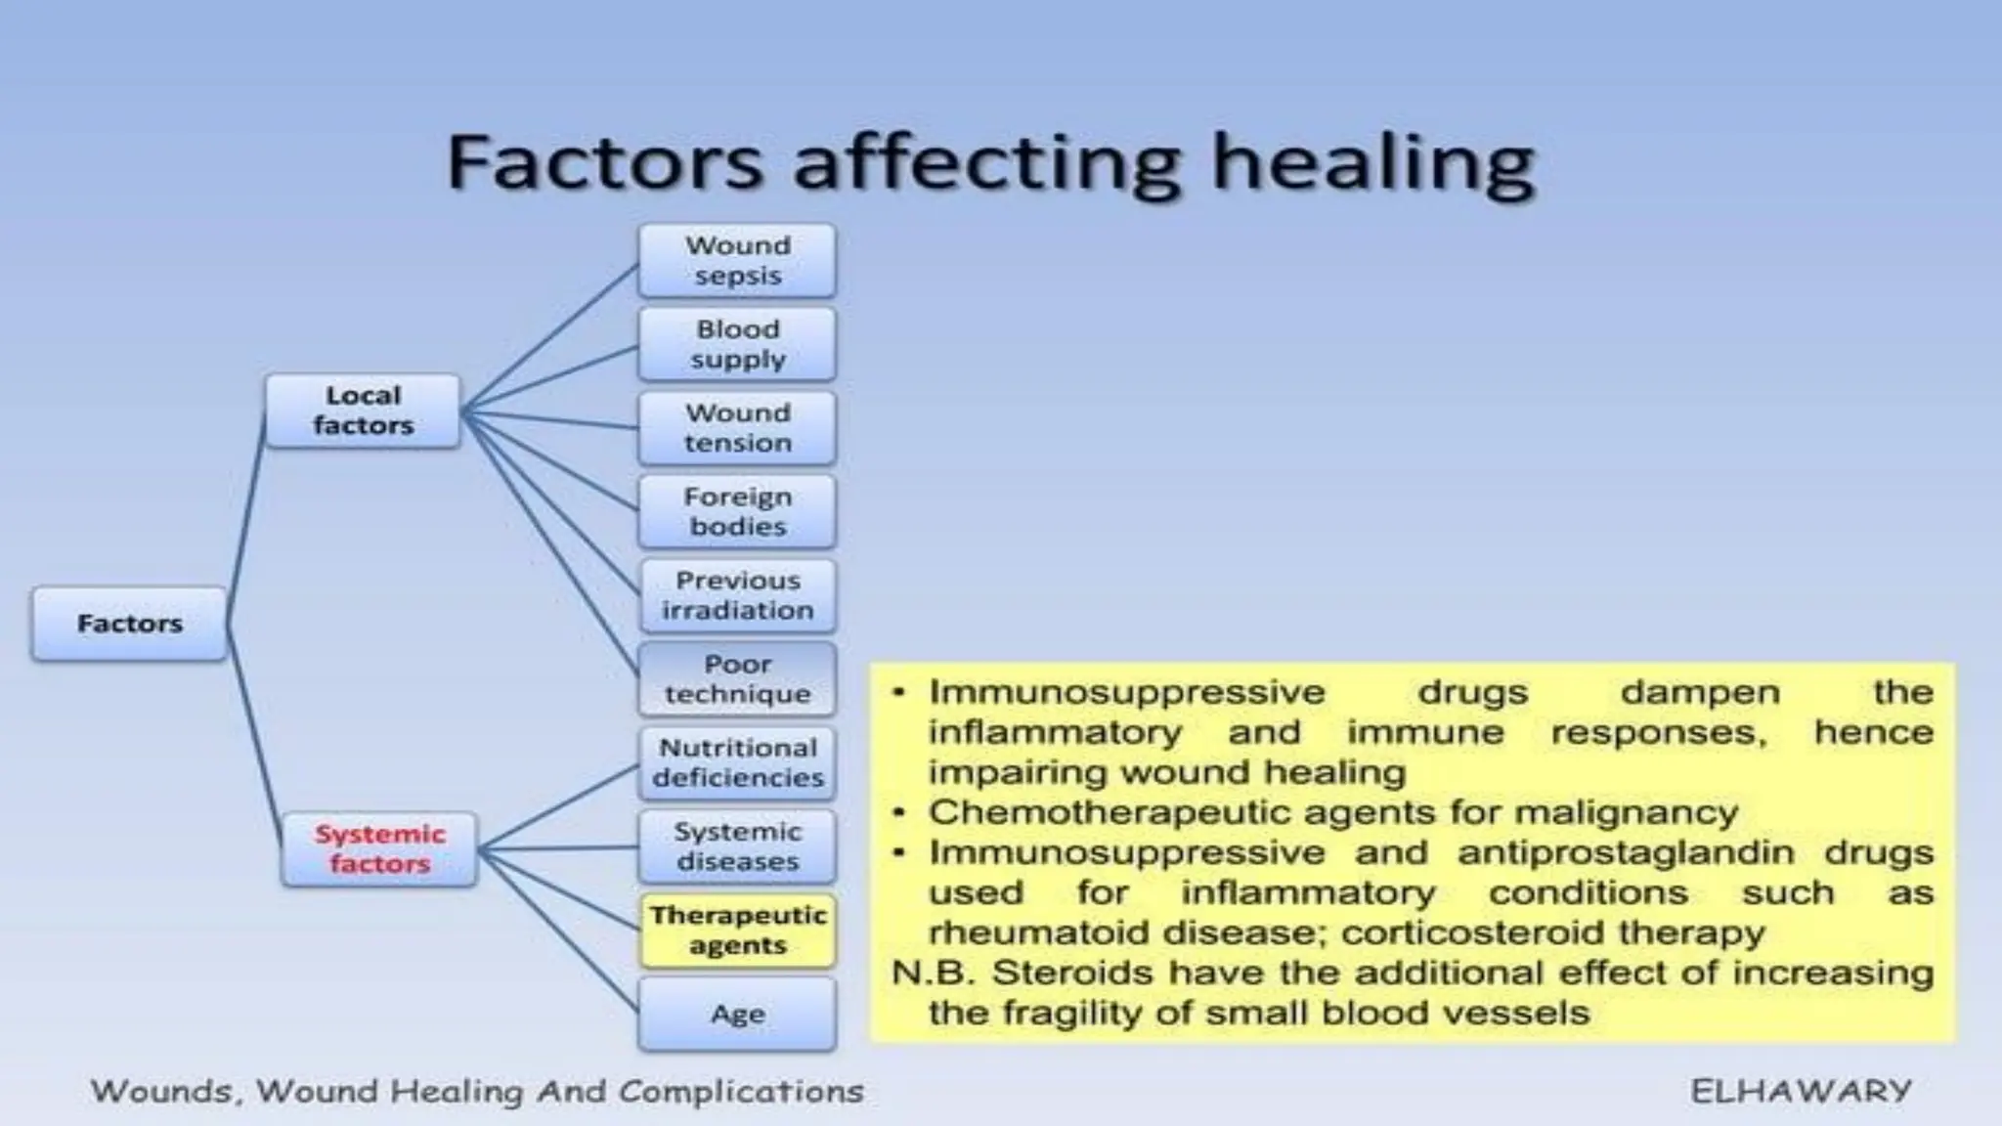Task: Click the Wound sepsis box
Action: (737, 261)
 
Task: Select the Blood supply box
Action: (737, 344)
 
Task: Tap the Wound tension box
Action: (737, 428)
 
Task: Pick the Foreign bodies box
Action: (737, 511)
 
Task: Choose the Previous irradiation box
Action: (737, 595)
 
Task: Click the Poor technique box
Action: (737, 678)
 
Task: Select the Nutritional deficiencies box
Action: (737, 762)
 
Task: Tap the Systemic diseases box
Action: (737, 846)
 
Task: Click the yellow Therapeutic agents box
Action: (737, 931)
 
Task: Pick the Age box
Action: (737, 1015)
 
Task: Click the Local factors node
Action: (363, 411)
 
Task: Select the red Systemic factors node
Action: (379, 848)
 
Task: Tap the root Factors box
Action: (129, 624)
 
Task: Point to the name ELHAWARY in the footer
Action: (1801, 1091)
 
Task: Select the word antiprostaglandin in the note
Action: (1625, 852)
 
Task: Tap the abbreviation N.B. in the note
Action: (935, 974)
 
